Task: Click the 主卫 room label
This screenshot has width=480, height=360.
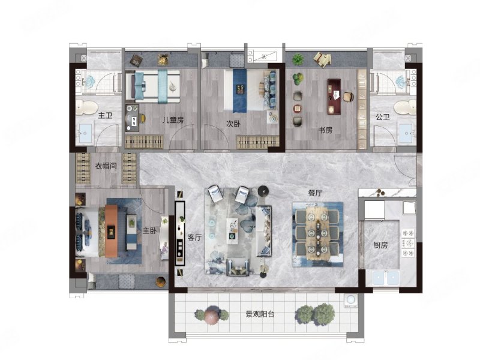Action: (x=105, y=116)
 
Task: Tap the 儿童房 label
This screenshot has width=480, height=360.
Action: (x=173, y=120)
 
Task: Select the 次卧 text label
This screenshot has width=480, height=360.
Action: (x=233, y=124)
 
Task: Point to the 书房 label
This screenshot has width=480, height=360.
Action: (x=325, y=130)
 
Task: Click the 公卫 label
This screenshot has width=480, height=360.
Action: (x=383, y=116)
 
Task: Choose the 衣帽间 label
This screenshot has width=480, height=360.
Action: (x=106, y=166)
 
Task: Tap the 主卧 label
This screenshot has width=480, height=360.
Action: (x=149, y=231)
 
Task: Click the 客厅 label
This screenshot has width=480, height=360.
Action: (x=194, y=237)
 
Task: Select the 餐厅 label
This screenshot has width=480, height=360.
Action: (x=315, y=193)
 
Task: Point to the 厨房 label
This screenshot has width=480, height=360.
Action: (x=380, y=245)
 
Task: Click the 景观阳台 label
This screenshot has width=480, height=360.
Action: (x=260, y=314)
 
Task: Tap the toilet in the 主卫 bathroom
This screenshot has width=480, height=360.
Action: (x=86, y=107)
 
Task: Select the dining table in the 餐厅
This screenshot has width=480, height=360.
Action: (x=317, y=234)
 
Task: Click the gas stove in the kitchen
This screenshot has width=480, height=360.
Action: (x=409, y=243)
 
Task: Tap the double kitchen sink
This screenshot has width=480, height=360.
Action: (x=386, y=278)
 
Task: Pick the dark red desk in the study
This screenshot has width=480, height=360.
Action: (x=334, y=97)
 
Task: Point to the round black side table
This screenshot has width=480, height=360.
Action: (x=263, y=191)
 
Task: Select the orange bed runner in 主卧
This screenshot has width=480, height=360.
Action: (x=111, y=231)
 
